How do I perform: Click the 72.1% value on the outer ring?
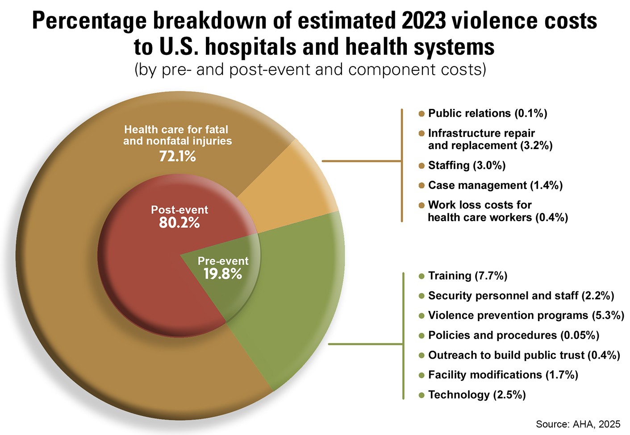pos(178,156)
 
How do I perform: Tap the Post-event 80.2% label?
pos(179,216)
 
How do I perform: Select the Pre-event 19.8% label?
pos(223,268)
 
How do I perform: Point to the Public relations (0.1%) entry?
pos(487,113)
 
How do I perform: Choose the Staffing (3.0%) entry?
pos(467,166)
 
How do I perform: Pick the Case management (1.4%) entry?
pos(495,185)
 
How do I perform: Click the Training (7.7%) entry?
pos(467,276)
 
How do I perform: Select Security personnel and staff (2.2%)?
pos(521,295)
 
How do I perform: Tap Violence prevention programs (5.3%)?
pos(526,315)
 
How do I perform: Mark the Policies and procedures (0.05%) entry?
pos(513,335)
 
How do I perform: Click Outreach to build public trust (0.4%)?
pos(524,355)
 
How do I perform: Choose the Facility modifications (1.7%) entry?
pos(503,375)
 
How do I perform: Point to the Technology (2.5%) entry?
pos(477,395)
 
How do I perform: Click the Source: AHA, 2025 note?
pos(578,424)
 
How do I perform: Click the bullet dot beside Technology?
pos(421,395)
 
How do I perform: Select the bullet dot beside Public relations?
pos(421,114)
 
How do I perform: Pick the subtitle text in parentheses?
pos(310,70)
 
